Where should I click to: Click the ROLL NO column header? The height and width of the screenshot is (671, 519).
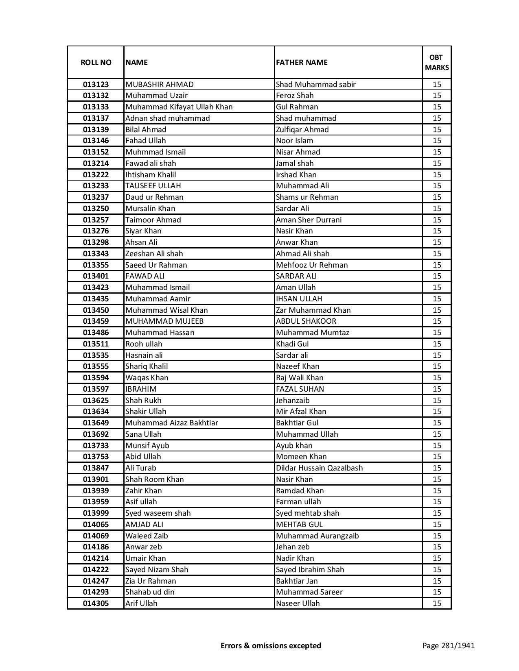click(96, 62)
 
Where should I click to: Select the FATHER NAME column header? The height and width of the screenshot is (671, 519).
click(302, 62)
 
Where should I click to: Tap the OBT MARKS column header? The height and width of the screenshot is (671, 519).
click(436, 62)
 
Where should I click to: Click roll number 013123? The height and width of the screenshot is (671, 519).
click(96, 85)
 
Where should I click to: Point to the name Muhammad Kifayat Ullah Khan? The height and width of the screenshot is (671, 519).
click(179, 107)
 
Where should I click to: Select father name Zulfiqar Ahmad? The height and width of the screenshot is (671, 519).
click(302, 129)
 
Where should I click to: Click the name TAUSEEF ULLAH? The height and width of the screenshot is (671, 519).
click(153, 186)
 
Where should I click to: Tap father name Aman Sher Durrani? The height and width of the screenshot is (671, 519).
click(309, 220)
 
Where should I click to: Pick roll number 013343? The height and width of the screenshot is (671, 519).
click(96, 253)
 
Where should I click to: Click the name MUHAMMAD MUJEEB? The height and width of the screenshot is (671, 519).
click(164, 321)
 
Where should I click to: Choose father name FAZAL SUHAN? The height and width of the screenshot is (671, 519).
click(300, 389)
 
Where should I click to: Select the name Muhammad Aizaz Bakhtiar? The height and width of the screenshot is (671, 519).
click(172, 423)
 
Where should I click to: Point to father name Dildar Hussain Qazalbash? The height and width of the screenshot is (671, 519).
click(319, 468)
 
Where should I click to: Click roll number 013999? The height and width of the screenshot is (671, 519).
click(96, 513)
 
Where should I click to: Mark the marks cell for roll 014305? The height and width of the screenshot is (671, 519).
click(437, 603)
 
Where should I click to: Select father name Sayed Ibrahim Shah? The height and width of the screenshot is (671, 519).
click(310, 569)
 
